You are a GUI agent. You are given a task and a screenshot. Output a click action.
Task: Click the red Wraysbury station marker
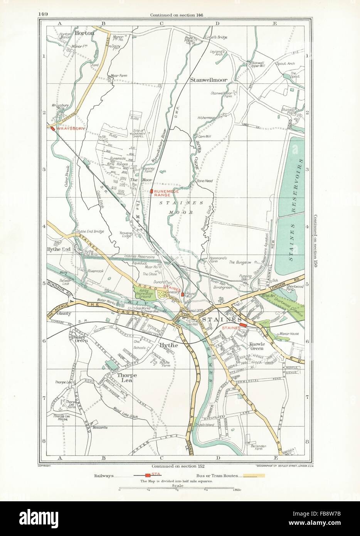(52, 129)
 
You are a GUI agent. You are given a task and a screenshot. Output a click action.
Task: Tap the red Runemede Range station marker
(152, 191)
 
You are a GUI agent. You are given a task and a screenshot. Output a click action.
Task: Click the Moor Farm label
(119, 76)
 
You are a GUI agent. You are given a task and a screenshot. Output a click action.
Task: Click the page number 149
(44, 15)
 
